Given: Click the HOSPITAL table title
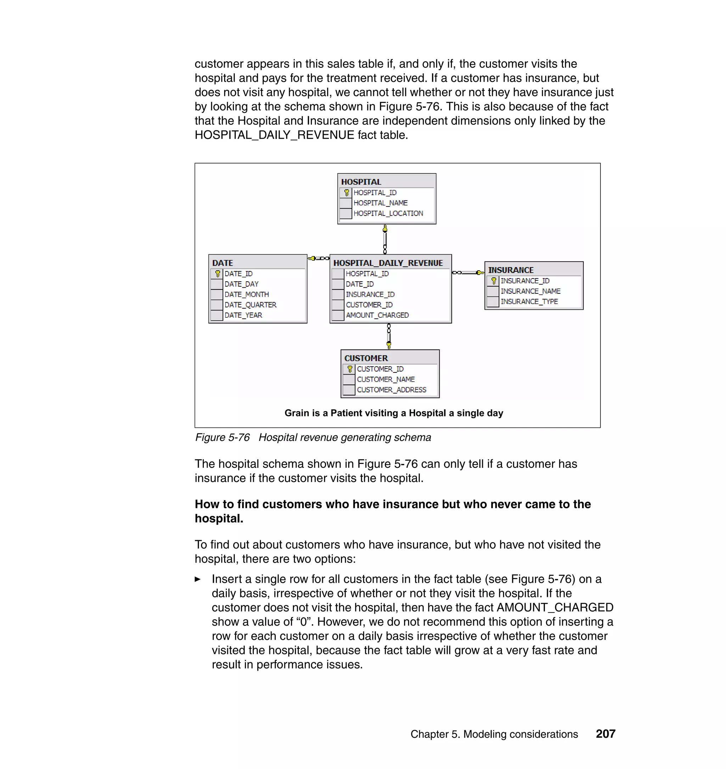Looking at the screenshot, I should coord(361,182).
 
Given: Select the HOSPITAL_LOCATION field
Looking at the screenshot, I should coord(388,213).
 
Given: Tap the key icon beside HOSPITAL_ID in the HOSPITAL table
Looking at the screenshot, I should coord(346,193).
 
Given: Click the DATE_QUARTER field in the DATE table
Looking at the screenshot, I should coord(250,305).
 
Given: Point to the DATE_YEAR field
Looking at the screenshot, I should coord(243,315).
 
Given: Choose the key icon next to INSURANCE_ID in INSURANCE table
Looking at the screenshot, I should coord(493,281).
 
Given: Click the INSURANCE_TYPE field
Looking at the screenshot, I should coord(529,301).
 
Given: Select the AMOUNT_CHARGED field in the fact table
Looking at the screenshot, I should coord(377,315).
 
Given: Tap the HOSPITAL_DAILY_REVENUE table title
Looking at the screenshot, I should coord(388,263).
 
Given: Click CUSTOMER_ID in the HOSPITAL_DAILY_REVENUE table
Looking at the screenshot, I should coord(369,305).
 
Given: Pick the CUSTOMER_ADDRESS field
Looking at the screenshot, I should coord(391,389).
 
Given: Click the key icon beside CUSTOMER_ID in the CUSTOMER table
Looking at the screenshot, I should coord(350,369).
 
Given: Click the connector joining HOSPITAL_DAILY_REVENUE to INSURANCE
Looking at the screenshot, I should coord(468,273).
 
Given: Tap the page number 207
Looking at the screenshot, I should coord(605,734).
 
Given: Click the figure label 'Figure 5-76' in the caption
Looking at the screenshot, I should coord(222,438).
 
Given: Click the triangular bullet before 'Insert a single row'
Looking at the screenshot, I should coord(198,579).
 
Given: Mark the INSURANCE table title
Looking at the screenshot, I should coord(510,270).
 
